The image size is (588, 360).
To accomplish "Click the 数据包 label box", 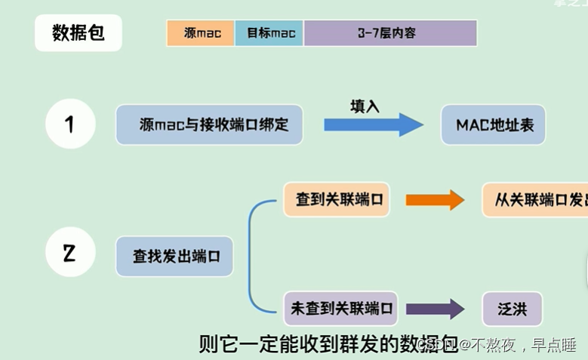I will (78, 34).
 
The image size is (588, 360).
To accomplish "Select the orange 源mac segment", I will (201, 34).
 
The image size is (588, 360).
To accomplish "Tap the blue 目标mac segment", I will (269, 34).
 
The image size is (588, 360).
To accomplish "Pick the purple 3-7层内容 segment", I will (389, 34).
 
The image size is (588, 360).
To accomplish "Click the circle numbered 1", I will (70, 124).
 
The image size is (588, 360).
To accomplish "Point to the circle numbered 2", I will (70, 254).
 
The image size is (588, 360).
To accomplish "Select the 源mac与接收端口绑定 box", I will (209, 125).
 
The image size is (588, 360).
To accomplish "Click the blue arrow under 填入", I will (374, 125).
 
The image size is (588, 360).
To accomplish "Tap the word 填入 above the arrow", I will (364, 106).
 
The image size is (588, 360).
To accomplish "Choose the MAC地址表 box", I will (494, 125).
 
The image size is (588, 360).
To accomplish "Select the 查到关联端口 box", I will (337, 200).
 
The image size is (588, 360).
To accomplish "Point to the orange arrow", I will (434, 200).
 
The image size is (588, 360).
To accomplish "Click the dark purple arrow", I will (434, 309).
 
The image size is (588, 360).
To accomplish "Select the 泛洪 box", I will (513, 309).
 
